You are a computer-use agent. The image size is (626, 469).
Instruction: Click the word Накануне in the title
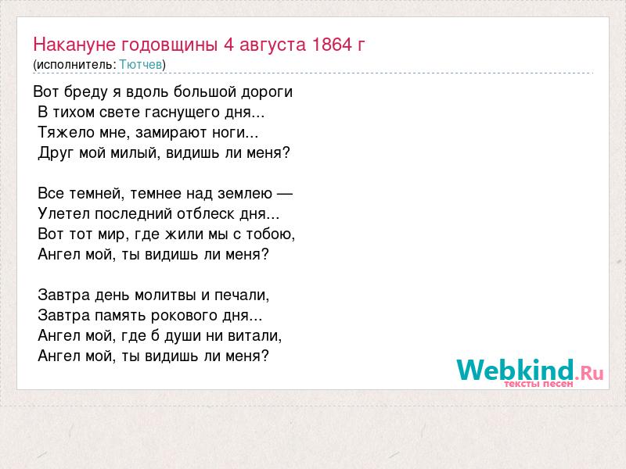pos(74,45)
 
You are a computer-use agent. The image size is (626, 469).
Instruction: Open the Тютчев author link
pos(141,65)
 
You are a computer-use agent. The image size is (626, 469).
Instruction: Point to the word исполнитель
pos(76,65)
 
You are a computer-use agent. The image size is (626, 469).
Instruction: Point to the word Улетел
pos(64,213)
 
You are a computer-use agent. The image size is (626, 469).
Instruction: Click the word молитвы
pos(166,295)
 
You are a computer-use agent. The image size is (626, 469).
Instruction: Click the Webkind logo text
pos(516,370)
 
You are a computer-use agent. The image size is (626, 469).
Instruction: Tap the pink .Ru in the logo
pos(589,374)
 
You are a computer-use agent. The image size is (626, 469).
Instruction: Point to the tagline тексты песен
pos(538,384)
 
